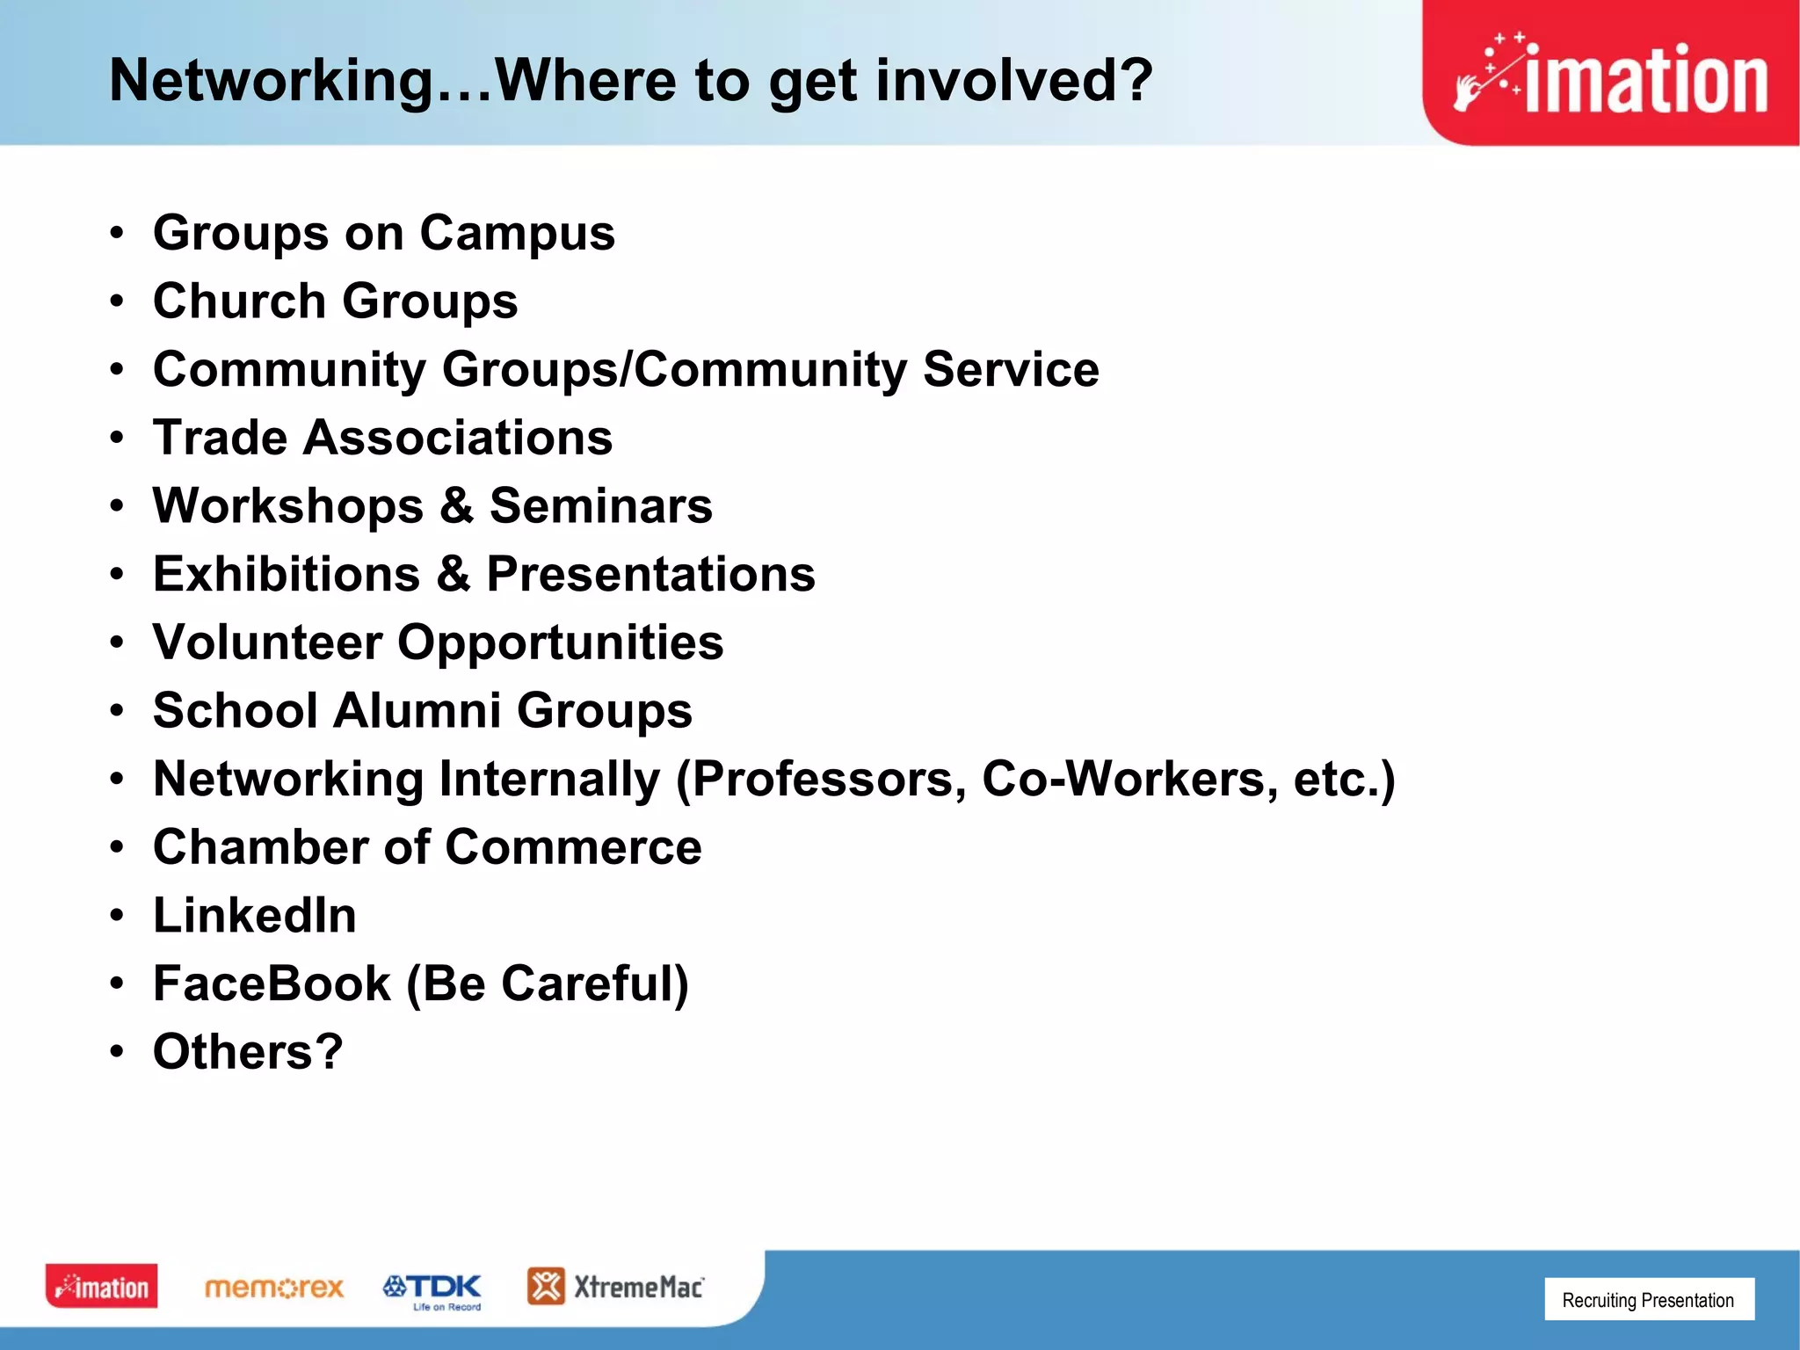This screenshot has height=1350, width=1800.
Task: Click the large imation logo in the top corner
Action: pos(1610,74)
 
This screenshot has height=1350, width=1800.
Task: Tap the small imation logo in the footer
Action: pos(102,1287)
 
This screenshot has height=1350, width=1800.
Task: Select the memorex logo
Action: pos(273,1288)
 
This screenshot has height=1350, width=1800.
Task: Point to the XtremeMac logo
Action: pos(615,1287)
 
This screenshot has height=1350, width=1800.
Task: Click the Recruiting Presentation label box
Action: pos(1649,1300)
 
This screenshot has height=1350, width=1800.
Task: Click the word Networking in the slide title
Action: pos(271,81)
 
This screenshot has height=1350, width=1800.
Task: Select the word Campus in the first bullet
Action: pos(517,234)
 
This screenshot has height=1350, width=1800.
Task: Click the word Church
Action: pos(239,301)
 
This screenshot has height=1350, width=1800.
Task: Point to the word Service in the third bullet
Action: pos(1011,369)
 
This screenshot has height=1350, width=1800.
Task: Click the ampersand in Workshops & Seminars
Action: pos(456,506)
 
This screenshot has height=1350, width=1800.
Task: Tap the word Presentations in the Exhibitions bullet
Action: pos(650,575)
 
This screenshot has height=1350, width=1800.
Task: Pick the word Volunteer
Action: pos(267,642)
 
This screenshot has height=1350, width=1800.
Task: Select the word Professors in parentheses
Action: pos(823,780)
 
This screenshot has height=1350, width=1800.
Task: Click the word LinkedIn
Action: pos(255,916)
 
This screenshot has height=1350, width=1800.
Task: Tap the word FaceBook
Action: pos(272,983)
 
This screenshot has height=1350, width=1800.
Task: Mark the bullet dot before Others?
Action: pos(117,1051)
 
